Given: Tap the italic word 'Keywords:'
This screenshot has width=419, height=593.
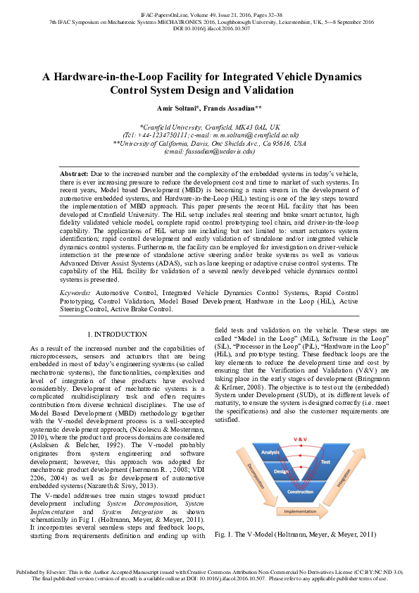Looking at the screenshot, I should click(75, 290).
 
